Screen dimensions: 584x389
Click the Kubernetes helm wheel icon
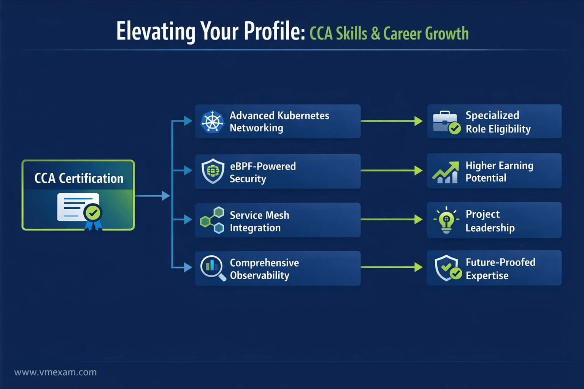[x=213, y=122]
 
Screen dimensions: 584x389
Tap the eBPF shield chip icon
[x=213, y=171]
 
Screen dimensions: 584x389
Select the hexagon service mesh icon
[x=212, y=220]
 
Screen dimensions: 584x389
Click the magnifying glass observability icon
[x=213, y=268]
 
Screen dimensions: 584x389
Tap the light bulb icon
[x=446, y=220]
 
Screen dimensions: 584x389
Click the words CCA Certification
[x=79, y=179]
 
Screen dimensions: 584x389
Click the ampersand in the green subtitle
[x=375, y=33]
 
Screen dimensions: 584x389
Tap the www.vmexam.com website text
[x=55, y=372]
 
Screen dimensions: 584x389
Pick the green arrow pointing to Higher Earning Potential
[x=392, y=171]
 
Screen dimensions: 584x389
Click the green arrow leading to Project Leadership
[x=392, y=220]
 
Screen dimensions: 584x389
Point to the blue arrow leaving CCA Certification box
[x=152, y=196]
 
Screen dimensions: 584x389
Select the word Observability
[x=259, y=275]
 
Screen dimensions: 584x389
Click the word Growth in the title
[x=447, y=33]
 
